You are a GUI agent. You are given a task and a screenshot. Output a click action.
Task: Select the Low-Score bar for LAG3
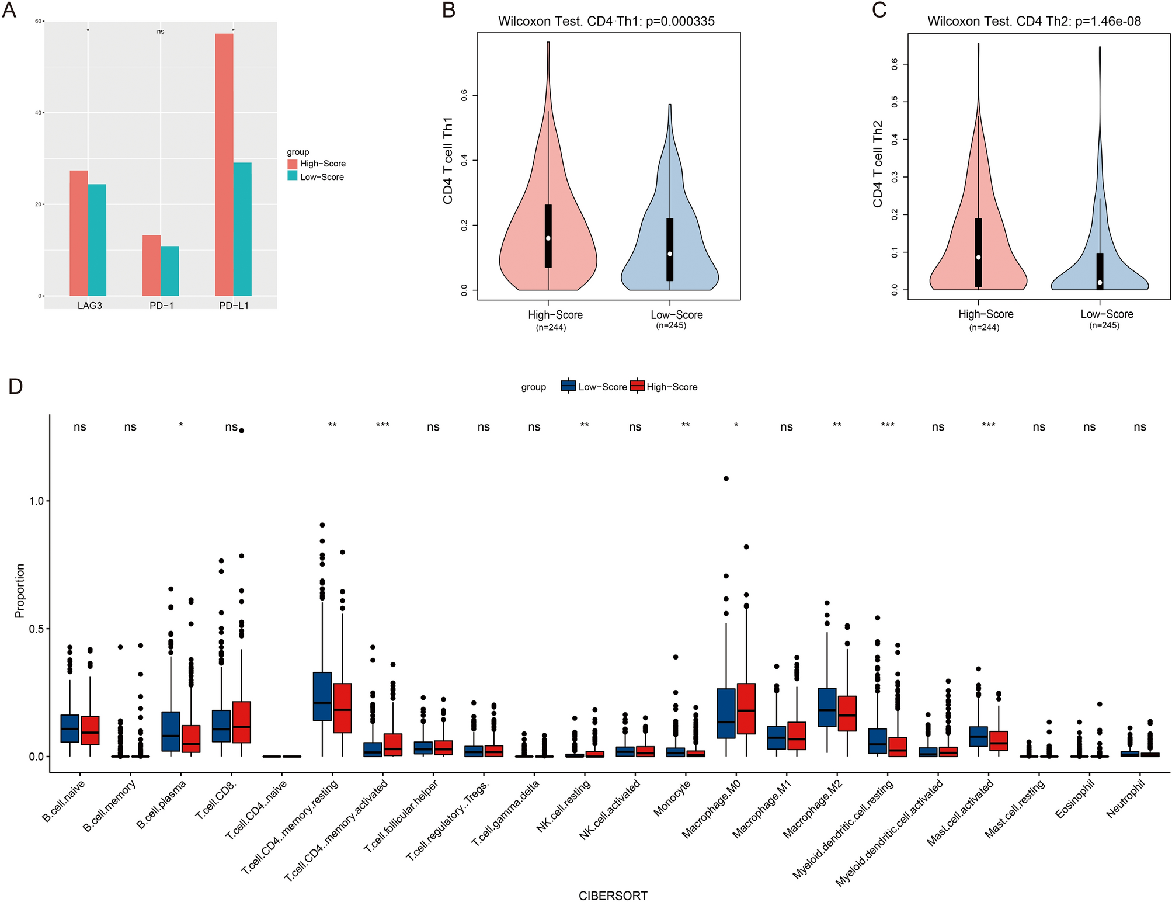[x=97, y=240]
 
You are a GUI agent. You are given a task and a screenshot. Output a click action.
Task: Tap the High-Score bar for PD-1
[x=151, y=265]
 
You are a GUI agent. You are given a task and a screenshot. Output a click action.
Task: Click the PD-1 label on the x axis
[x=162, y=306]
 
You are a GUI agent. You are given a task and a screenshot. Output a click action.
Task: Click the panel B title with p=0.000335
[x=606, y=22]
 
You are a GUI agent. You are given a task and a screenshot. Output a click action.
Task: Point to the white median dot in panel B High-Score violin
[x=548, y=238]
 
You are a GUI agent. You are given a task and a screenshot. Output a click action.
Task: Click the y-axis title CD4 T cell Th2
[x=877, y=164]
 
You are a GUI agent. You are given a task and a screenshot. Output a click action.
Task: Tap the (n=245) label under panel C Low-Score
[x=1104, y=325]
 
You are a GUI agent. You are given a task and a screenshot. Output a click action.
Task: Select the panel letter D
[x=15, y=386]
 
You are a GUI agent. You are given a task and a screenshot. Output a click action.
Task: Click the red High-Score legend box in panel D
[x=637, y=386]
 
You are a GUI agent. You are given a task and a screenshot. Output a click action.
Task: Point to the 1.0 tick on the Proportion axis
[x=36, y=501]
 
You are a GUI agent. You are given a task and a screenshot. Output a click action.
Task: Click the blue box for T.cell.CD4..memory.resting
[x=322, y=696]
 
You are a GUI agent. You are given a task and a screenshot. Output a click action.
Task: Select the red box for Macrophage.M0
[x=746, y=708]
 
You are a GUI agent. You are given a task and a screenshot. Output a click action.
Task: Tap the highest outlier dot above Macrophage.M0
[x=726, y=478]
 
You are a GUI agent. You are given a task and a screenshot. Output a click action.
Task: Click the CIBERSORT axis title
[x=613, y=896]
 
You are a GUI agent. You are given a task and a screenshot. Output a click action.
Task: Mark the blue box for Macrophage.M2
[x=827, y=707]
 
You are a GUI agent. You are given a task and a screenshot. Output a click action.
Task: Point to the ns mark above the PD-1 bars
[x=161, y=32]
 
